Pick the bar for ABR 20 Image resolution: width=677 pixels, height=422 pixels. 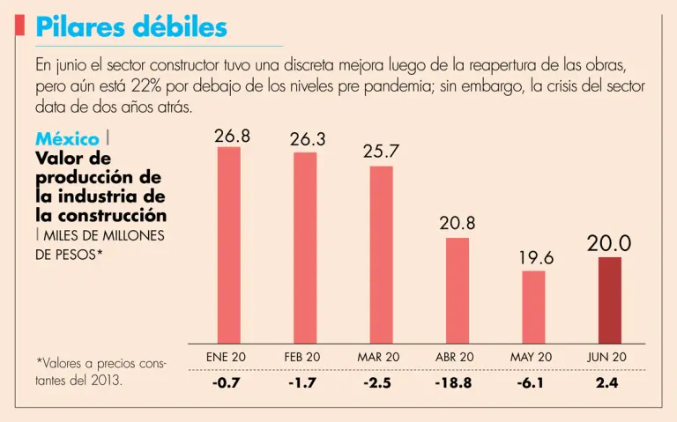tap(458, 290)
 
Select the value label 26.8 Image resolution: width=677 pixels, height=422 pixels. tap(232, 136)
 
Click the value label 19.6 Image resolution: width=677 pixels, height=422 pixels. tap(536, 258)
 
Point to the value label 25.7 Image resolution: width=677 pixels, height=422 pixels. tap(381, 152)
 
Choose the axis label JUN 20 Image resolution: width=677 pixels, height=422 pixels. tap(607, 357)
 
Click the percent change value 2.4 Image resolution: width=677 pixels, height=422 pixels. tap(607, 384)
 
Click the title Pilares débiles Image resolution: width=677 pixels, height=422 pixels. tap(131, 27)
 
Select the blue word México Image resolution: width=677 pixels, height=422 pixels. tap(67, 139)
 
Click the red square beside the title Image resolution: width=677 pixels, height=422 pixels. tap(19, 26)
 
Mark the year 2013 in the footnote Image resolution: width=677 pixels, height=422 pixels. tap(104, 381)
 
